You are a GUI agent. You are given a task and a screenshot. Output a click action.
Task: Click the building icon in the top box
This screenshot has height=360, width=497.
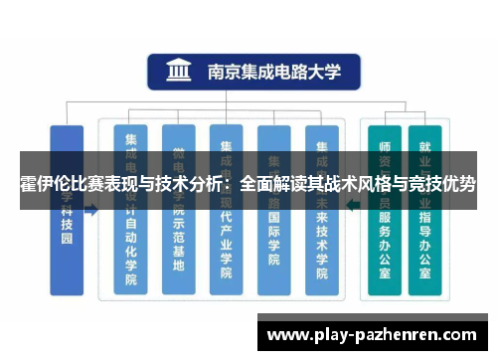click(180, 73)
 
